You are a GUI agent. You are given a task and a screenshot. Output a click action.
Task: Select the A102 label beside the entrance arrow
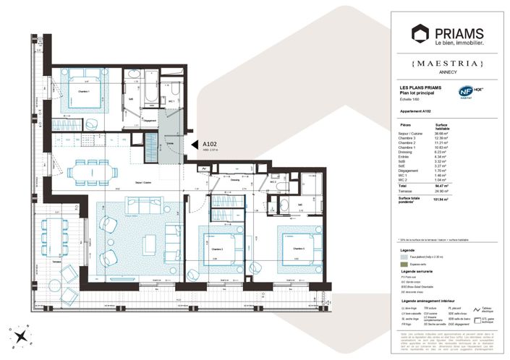pyautogui.click(x=211, y=144)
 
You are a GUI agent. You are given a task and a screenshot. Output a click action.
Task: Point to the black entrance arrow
pyautogui.click(x=195, y=145)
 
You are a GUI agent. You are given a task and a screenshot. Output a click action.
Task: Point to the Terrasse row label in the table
pyautogui.click(x=407, y=192)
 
